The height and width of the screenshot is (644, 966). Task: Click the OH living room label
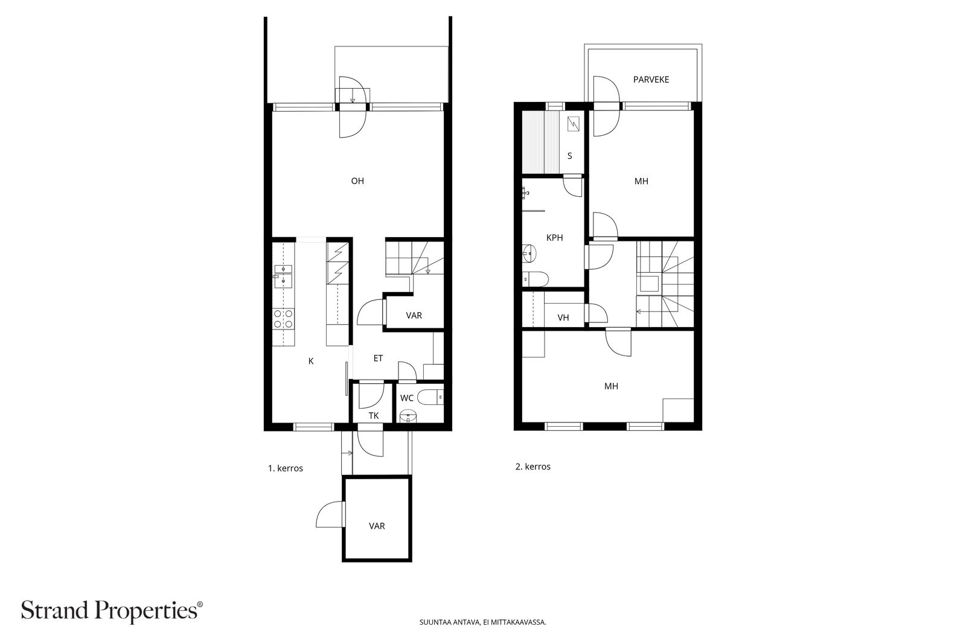[357, 181]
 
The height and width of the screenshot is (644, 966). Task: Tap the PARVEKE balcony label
[651, 79]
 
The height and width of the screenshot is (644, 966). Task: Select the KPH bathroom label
[555, 238]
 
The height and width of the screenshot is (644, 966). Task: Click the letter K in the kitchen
[311, 361]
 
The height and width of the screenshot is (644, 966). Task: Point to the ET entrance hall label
[378, 358]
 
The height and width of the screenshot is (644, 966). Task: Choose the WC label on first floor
[407, 398]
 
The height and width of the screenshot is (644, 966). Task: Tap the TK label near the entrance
[374, 415]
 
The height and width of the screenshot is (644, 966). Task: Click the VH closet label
[563, 317]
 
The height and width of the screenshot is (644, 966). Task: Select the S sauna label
[570, 156]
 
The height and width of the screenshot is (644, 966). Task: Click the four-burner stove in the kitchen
[284, 319]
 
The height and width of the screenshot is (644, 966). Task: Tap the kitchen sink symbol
[283, 276]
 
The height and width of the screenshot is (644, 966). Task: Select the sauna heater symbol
[573, 124]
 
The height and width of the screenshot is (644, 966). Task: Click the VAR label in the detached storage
[377, 526]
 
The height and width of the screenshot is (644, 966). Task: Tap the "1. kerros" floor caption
[286, 468]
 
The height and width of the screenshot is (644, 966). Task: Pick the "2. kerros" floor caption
[533, 467]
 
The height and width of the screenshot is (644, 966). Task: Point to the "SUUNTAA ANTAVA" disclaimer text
[449, 622]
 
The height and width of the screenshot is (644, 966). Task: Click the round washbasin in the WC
[408, 416]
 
